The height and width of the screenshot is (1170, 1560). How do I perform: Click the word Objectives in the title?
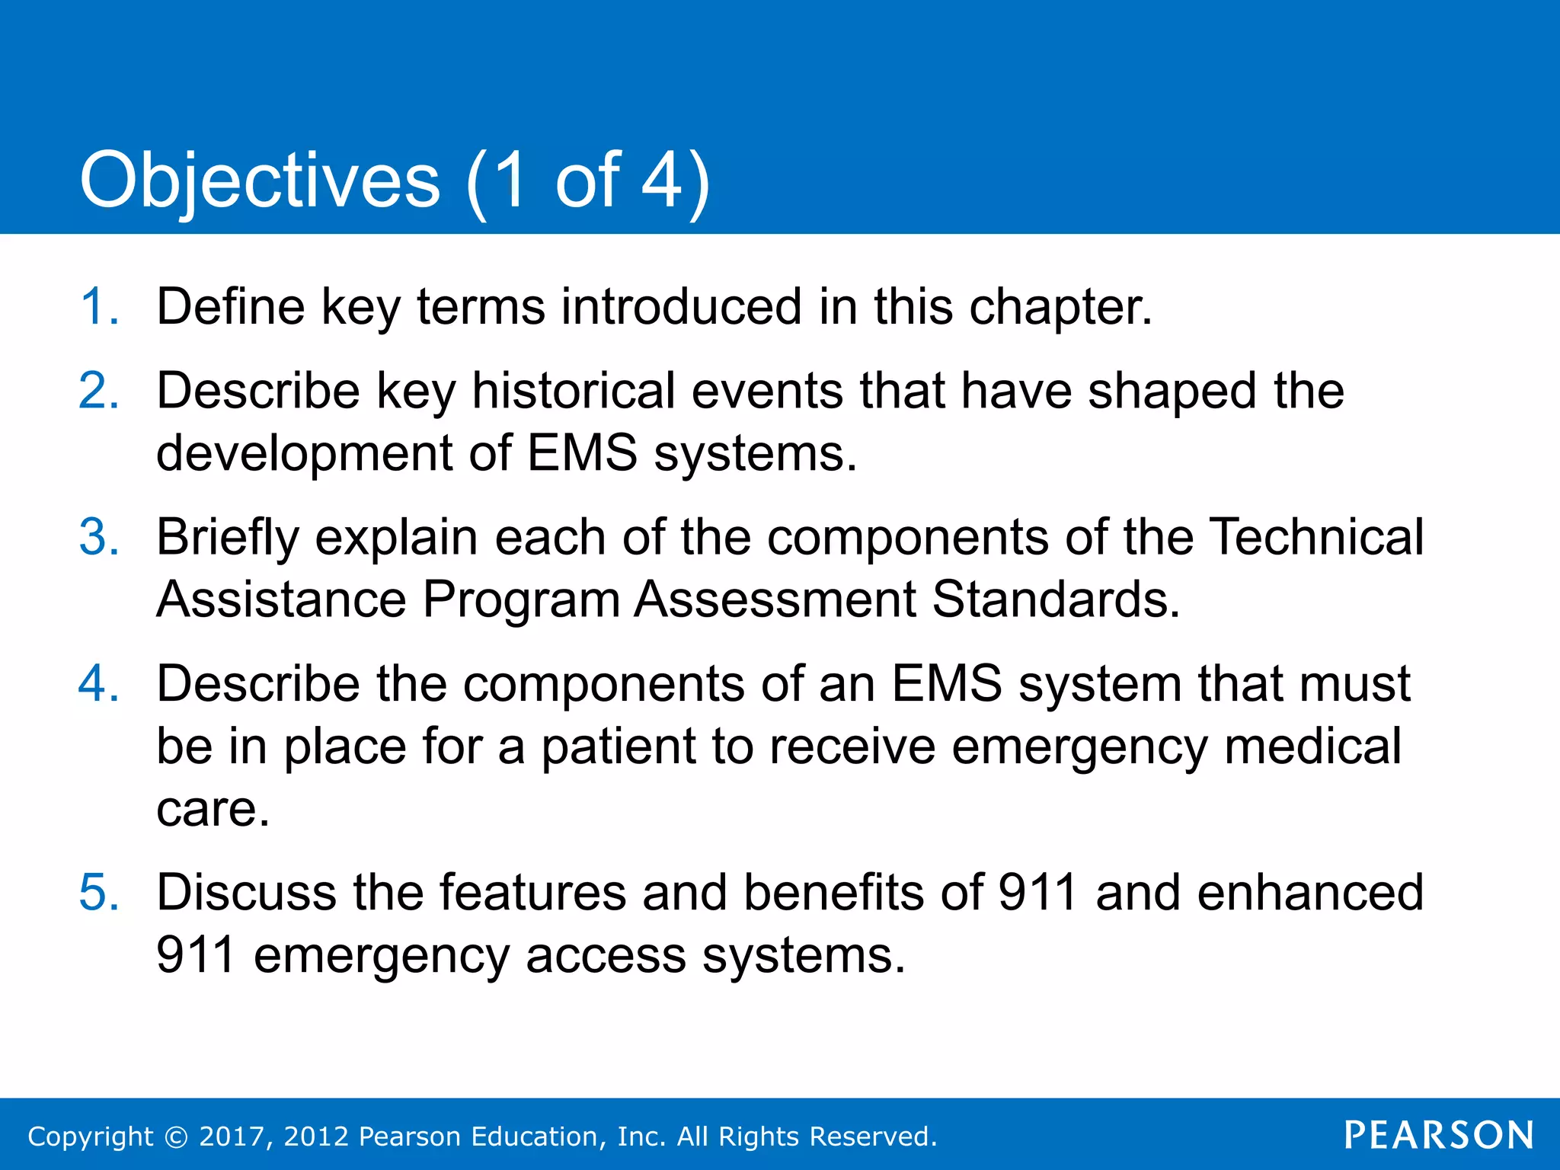pos(260,181)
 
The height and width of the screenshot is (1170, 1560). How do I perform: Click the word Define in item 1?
pos(230,307)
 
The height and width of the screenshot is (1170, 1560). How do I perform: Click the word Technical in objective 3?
pos(1316,537)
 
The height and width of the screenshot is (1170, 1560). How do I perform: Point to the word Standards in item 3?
pos(1055,599)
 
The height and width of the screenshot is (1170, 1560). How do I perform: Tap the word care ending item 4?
pos(212,810)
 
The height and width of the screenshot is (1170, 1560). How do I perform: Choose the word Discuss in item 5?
pos(245,892)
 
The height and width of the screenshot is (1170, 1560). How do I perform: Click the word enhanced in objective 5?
pos(1309,892)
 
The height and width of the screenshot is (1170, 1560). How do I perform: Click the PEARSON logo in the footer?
pos(1439,1136)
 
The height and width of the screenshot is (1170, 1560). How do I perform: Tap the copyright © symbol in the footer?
pos(176,1137)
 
